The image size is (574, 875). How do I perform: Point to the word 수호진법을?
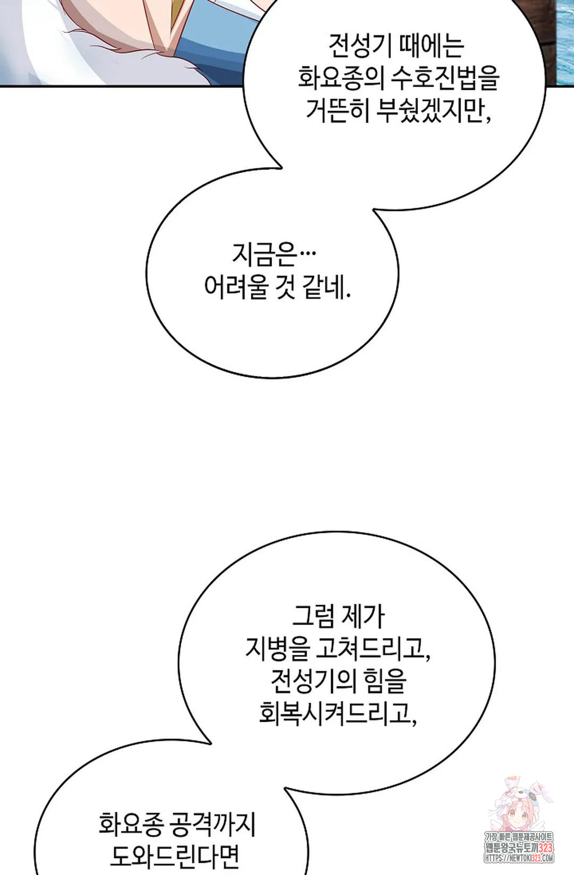point(445,78)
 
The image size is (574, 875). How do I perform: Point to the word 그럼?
point(314,616)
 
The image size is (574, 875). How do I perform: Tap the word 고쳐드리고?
point(373,648)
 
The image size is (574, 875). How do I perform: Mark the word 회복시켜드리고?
point(338,712)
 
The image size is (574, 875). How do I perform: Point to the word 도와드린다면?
point(175,856)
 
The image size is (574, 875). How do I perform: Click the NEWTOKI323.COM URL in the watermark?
point(519,857)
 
